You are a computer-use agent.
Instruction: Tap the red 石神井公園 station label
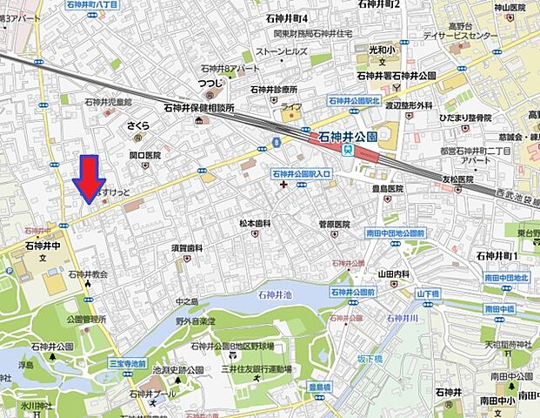point(348,137)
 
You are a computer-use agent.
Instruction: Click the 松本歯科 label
point(256,224)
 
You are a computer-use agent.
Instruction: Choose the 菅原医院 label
point(334,224)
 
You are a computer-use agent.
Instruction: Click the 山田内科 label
point(393,273)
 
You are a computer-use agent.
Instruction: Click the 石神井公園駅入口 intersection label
point(301,173)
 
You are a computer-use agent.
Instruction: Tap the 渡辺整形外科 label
point(409,105)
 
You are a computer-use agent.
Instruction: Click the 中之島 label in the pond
point(187,302)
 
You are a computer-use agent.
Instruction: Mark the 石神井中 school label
point(44,246)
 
